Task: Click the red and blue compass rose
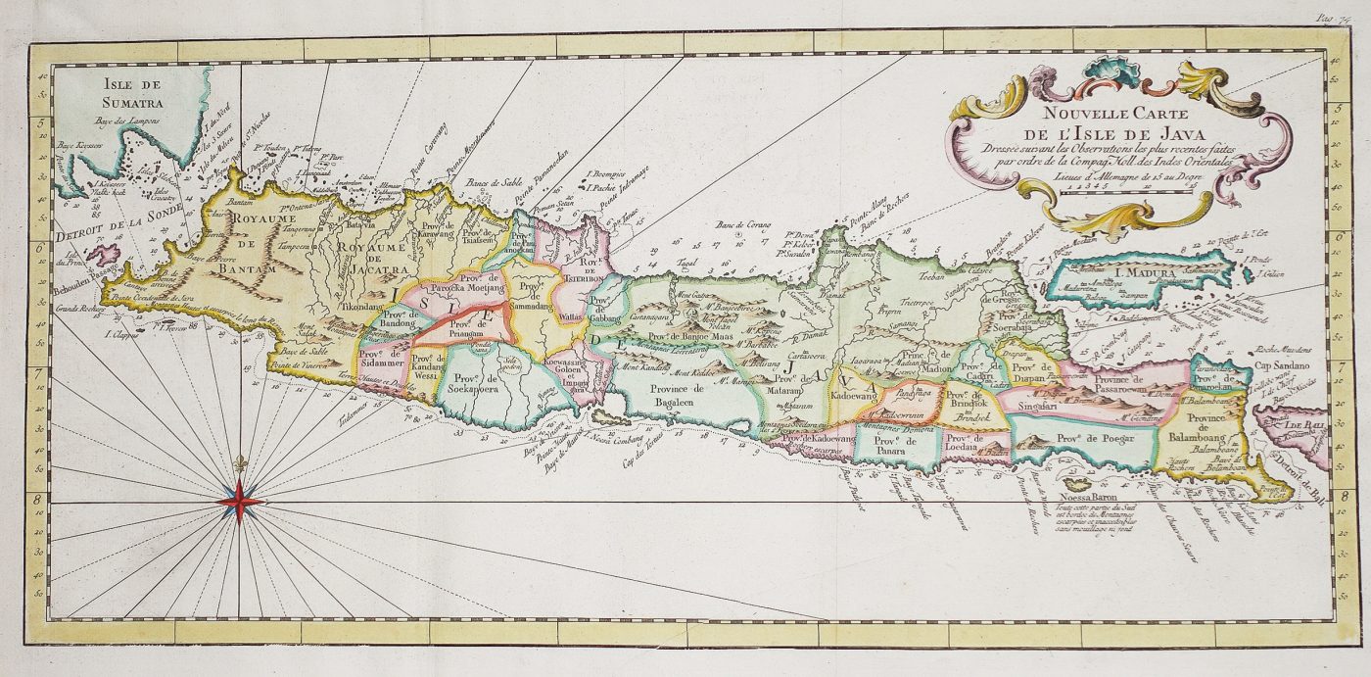pos(241,501)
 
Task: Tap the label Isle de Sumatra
pos(138,91)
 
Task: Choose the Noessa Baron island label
pos(1080,496)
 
